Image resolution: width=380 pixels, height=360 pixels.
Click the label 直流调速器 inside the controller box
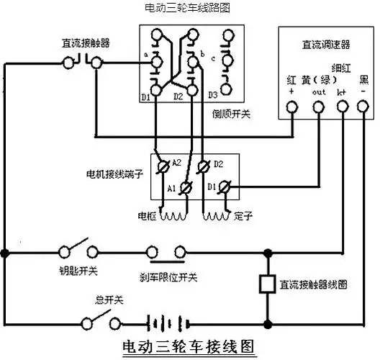click(325, 45)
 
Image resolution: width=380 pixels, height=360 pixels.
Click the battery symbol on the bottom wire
click(165, 321)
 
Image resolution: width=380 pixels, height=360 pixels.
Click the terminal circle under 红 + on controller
click(291, 108)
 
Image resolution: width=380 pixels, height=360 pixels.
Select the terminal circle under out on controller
click(318, 108)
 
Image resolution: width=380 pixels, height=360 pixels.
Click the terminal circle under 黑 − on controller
click(365, 108)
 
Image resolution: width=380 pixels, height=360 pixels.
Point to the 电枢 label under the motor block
click(146, 215)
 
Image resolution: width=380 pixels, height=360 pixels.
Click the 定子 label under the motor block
click(242, 215)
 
